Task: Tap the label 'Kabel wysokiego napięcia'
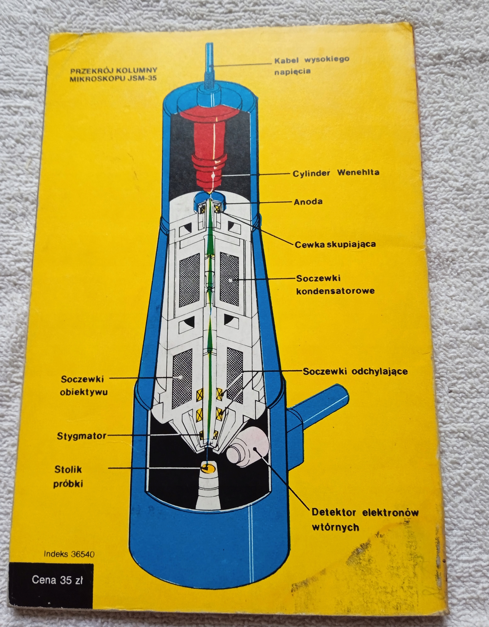click(311, 65)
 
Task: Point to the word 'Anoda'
click(308, 202)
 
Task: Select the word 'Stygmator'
click(81, 436)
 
